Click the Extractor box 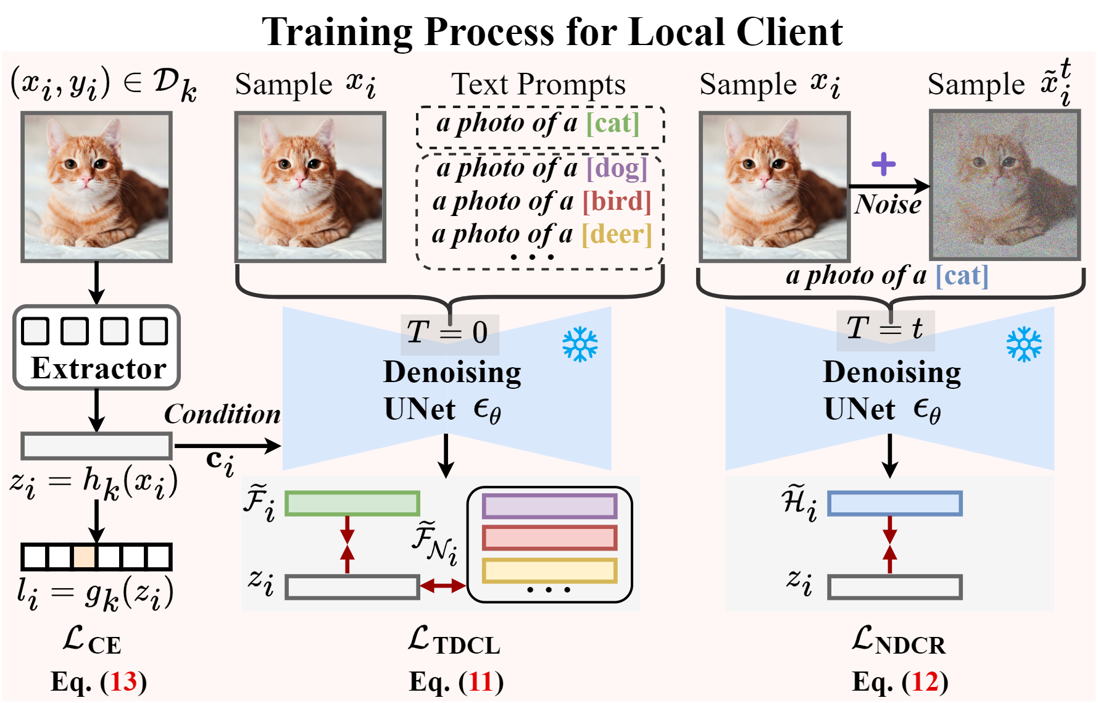(96, 347)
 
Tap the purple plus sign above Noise (883, 164)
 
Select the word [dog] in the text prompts (617, 168)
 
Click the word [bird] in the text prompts (617, 201)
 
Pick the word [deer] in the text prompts (617, 235)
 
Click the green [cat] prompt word (612, 123)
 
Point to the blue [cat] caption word (962, 275)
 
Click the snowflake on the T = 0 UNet (580, 344)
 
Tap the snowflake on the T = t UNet (1024, 344)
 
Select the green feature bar (352, 504)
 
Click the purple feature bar (549, 506)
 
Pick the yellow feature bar (549, 570)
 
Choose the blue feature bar (894, 504)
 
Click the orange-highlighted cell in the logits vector (84, 557)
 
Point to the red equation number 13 (123, 682)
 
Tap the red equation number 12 (925, 682)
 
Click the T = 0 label (448, 332)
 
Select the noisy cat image (1005, 185)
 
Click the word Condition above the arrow (222, 414)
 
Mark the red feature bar (549, 538)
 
